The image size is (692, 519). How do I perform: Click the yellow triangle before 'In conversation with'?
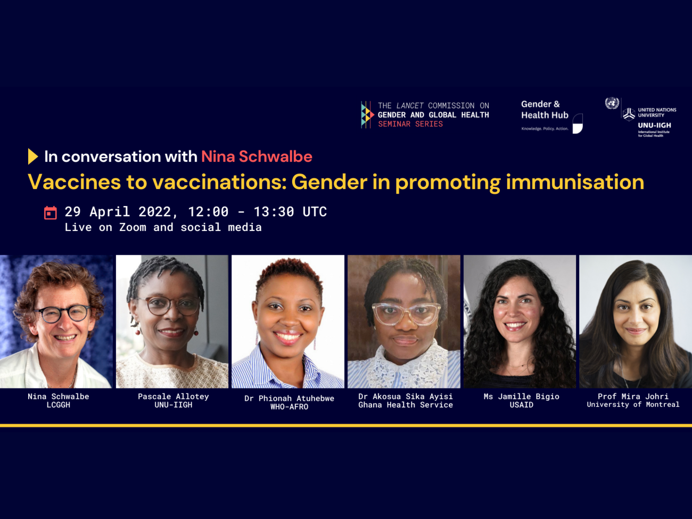click(x=33, y=156)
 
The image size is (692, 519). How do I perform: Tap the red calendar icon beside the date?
click(x=51, y=213)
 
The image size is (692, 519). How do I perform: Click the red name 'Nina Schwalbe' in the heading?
click(x=257, y=156)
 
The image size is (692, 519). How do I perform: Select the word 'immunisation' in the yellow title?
click(x=575, y=183)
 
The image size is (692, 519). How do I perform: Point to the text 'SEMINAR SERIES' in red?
click(x=410, y=124)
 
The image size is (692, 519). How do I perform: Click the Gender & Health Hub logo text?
click(x=545, y=110)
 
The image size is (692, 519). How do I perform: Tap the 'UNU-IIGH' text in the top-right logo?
click(x=655, y=126)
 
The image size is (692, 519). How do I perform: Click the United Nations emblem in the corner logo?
click(x=612, y=103)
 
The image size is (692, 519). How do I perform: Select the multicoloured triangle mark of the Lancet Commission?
click(x=367, y=114)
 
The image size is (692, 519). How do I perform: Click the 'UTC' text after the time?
click(x=315, y=212)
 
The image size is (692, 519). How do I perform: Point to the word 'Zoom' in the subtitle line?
click(x=133, y=227)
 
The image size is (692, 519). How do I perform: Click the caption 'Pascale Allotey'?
click(x=174, y=397)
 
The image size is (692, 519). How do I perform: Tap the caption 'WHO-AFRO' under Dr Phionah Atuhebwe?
click(x=290, y=407)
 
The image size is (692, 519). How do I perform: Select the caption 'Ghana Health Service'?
click(x=406, y=405)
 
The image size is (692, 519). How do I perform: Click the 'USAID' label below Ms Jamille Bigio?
click(x=522, y=405)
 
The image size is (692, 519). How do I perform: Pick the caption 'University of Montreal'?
click(x=633, y=405)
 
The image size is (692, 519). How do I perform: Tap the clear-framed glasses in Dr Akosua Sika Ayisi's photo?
click(x=407, y=314)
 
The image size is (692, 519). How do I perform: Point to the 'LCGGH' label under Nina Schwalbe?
click(x=59, y=405)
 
